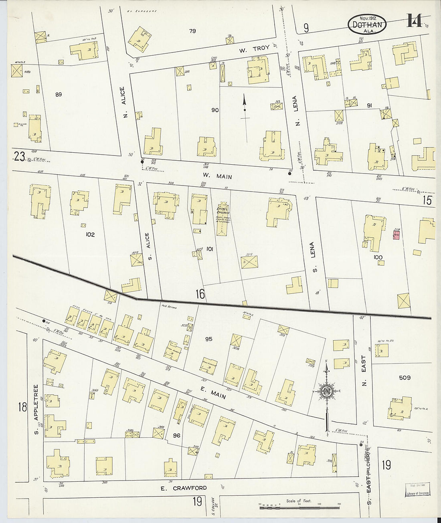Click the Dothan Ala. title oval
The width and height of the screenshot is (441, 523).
click(x=367, y=24)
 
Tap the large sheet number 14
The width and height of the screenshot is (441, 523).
click(x=415, y=20)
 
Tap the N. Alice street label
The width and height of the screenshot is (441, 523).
click(x=123, y=103)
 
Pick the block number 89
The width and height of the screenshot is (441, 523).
click(x=59, y=95)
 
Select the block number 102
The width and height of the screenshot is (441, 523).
click(x=90, y=234)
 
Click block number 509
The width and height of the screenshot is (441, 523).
click(x=405, y=378)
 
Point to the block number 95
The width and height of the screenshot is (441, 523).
click(x=208, y=339)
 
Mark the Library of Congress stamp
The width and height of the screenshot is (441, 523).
click(x=418, y=490)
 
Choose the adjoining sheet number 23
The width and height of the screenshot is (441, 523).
click(x=19, y=158)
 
